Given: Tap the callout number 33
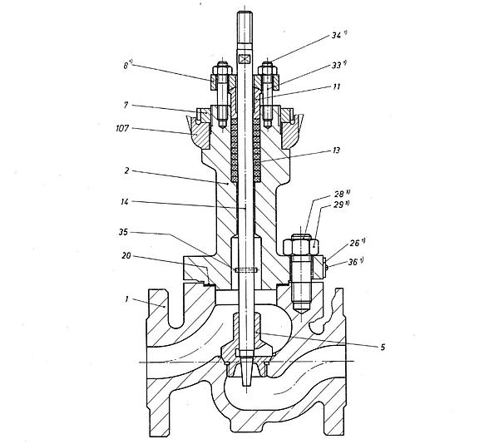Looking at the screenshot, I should click(338, 64).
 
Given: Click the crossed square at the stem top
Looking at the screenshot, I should click(243, 59).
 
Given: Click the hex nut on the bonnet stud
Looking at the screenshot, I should click(301, 244).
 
